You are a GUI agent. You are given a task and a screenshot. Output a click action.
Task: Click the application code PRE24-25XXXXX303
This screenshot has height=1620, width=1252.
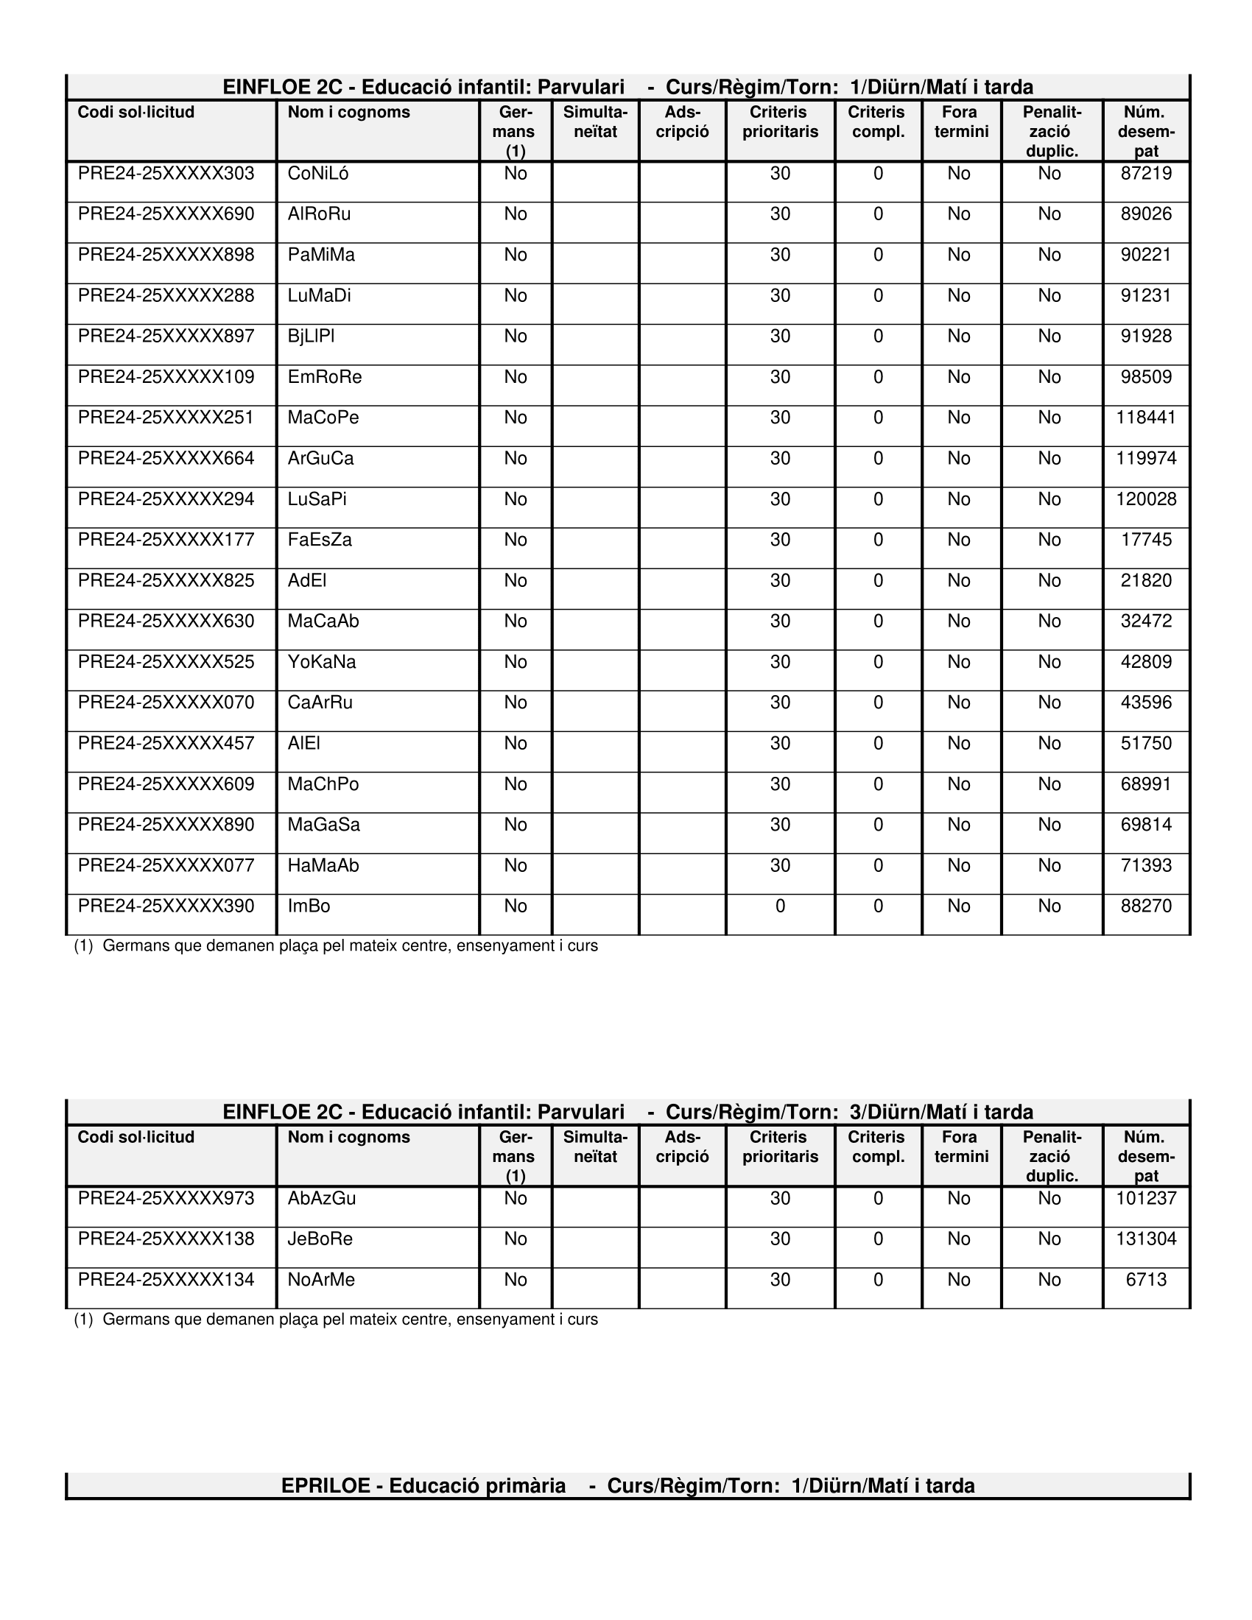(x=166, y=174)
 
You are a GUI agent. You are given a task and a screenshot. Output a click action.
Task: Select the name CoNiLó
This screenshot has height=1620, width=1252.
(x=318, y=174)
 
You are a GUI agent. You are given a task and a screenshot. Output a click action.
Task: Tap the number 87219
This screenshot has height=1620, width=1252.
(x=1146, y=174)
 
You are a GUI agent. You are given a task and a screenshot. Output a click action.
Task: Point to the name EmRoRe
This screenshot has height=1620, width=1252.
(x=325, y=377)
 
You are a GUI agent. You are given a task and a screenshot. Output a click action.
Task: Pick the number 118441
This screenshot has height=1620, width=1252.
(x=1146, y=418)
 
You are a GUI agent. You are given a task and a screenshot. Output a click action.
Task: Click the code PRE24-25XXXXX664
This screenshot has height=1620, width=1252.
(x=166, y=459)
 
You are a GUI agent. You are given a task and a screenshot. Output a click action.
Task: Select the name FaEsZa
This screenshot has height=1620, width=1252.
(x=320, y=539)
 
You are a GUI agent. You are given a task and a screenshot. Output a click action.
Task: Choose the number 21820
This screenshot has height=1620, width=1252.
(x=1146, y=580)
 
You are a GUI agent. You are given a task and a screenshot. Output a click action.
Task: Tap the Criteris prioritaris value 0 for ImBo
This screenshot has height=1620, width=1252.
(x=779, y=906)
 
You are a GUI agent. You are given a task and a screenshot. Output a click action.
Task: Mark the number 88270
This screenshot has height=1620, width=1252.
(x=1146, y=906)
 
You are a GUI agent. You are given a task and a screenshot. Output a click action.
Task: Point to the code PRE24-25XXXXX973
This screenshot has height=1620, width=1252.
(x=166, y=1198)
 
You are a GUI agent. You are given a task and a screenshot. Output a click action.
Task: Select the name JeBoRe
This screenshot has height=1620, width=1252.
(x=320, y=1239)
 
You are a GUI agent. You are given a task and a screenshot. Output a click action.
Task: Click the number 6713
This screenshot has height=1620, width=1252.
(x=1146, y=1280)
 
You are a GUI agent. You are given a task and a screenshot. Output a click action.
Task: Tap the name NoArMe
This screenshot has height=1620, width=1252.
(x=321, y=1280)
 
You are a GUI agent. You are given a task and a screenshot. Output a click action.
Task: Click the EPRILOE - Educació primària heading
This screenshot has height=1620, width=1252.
(x=627, y=1486)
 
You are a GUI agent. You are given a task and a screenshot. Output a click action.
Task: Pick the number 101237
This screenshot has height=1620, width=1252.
(x=1146, y=1198)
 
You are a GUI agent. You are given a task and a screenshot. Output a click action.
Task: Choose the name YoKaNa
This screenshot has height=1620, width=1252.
(x=322, y=662)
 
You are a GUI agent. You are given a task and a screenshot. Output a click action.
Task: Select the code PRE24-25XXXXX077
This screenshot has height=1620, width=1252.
(x=166, y=865)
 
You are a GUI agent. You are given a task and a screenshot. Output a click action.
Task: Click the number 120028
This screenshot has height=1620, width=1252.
(x=1146, y=499)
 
